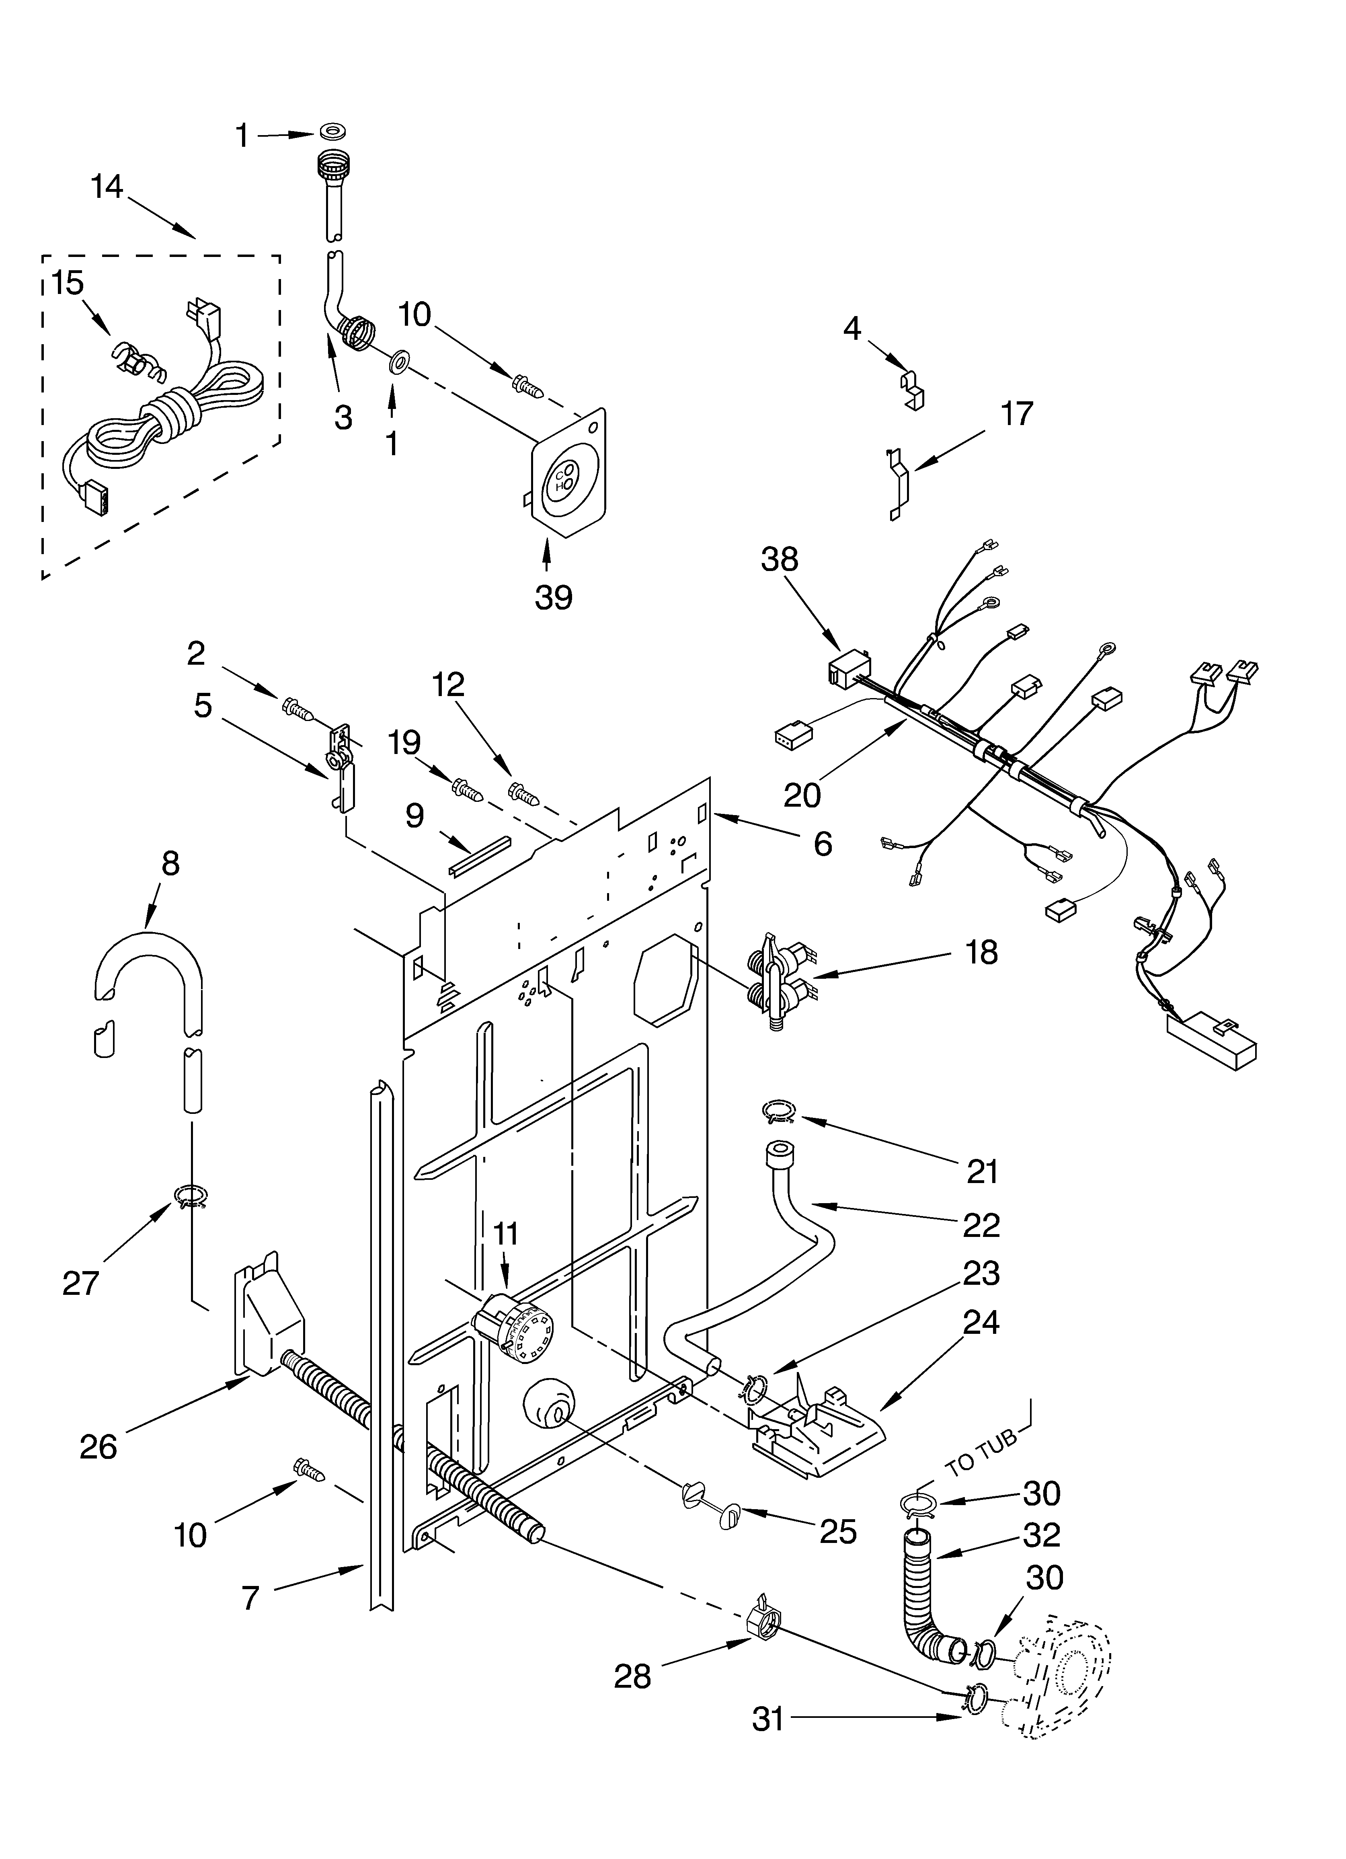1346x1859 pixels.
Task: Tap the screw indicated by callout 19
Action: pos(466,789)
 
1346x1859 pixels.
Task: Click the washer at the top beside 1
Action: pos(332,131)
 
